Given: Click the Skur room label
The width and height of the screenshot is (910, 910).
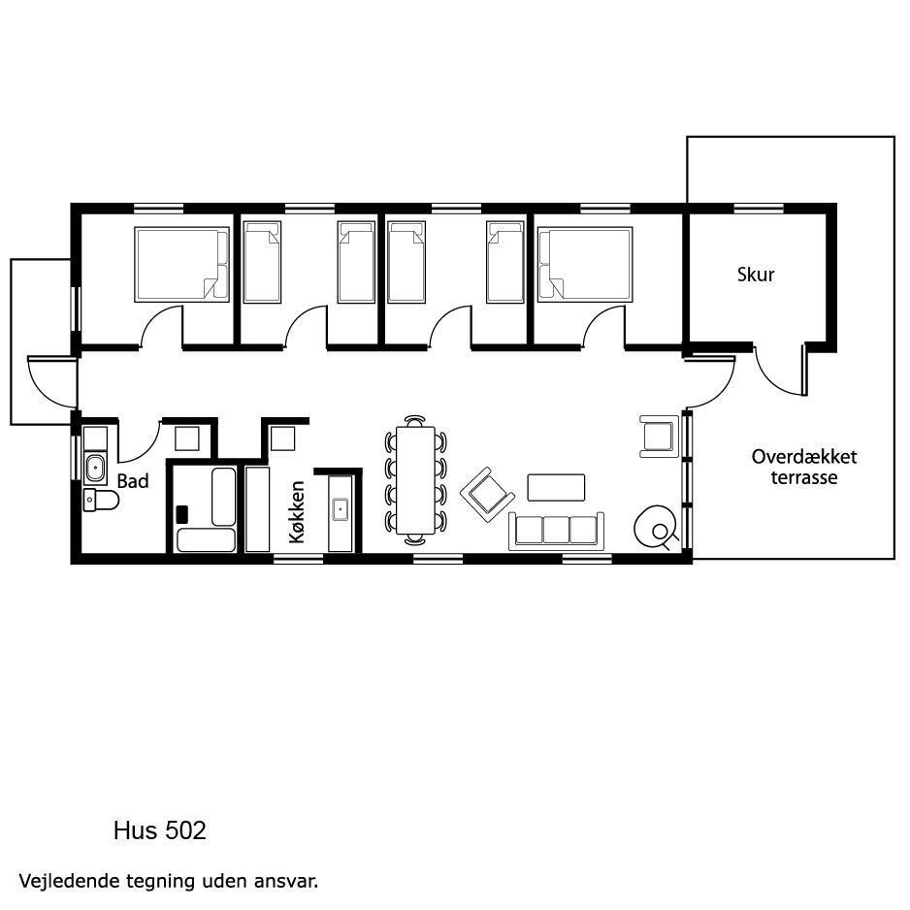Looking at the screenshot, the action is pos(756,275).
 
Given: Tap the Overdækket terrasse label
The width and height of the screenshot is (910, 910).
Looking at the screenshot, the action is pos(804,468).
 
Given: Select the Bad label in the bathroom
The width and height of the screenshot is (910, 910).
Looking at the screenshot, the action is pos(133,481).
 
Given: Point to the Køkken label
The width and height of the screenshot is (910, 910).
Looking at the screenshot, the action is pos(297,512).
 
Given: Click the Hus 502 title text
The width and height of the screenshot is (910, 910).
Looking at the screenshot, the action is pos(160,830).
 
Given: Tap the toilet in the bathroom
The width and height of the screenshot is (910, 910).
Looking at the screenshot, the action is pos(100,500).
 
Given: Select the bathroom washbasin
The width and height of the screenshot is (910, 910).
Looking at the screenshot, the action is pos(95,468).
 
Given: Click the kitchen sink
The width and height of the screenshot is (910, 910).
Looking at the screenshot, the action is pos(341,509).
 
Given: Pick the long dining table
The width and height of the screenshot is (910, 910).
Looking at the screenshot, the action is pos(415,480).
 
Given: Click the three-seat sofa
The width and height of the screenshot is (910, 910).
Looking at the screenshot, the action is pos(557,531).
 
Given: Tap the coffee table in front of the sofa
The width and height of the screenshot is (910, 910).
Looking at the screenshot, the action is pos(556,487).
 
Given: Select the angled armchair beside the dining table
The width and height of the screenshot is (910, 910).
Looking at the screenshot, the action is pos(487,495).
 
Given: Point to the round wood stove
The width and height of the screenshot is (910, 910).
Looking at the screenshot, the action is pos(655,527).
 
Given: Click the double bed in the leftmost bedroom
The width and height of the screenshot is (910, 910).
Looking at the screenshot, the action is pos(181,265).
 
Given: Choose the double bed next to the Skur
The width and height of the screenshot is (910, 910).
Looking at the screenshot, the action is pos(585,265).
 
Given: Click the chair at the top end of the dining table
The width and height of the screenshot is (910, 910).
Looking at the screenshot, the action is pos(415,421).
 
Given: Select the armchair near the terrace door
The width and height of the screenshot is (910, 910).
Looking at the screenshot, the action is pos(659,437).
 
